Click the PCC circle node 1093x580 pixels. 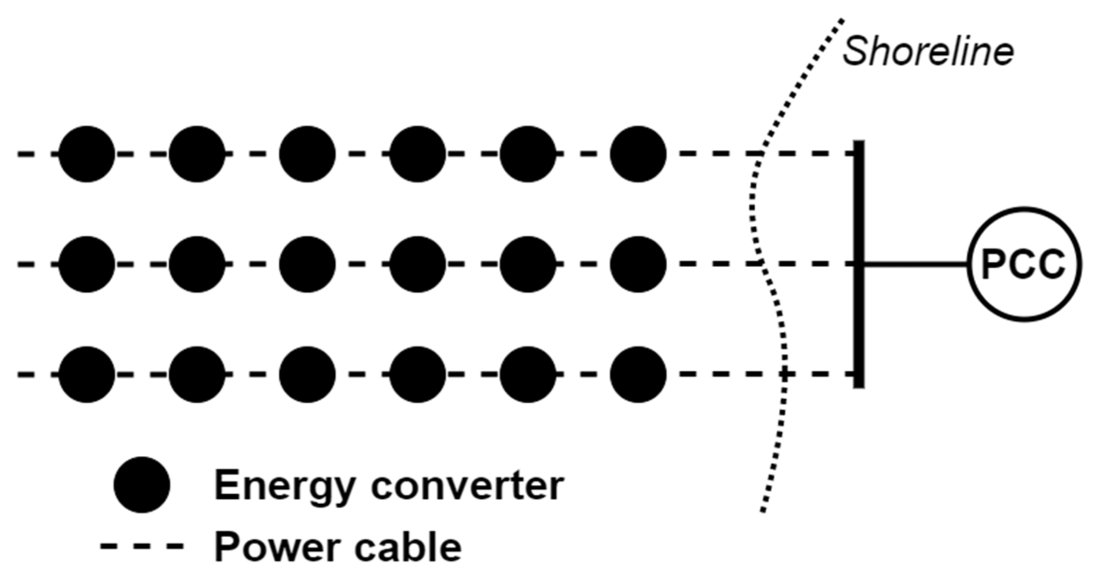[x=1025, y=265]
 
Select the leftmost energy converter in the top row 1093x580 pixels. [x=86, y=154]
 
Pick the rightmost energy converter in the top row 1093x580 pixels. [x=638, y=154]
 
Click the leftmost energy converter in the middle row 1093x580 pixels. [x=86, y=265]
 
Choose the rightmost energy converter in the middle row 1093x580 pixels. [x=638, y=265]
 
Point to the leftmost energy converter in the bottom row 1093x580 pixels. [x=86, y=374]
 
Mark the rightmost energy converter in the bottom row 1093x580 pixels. [x=638, y=374]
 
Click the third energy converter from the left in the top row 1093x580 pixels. [x=307, y=154]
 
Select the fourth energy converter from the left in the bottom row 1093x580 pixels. [x=417, y=374]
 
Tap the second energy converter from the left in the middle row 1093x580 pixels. [x=197, y=265]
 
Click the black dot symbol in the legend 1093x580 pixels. [x=141, y=484]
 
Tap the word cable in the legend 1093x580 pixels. [x=408, y=547]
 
